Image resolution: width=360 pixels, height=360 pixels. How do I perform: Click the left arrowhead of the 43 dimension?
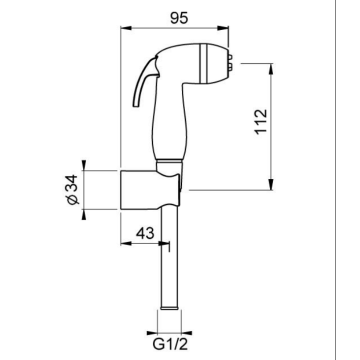(x=124, y=242)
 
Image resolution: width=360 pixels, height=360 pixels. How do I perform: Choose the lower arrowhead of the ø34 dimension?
(x=90, y=208)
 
